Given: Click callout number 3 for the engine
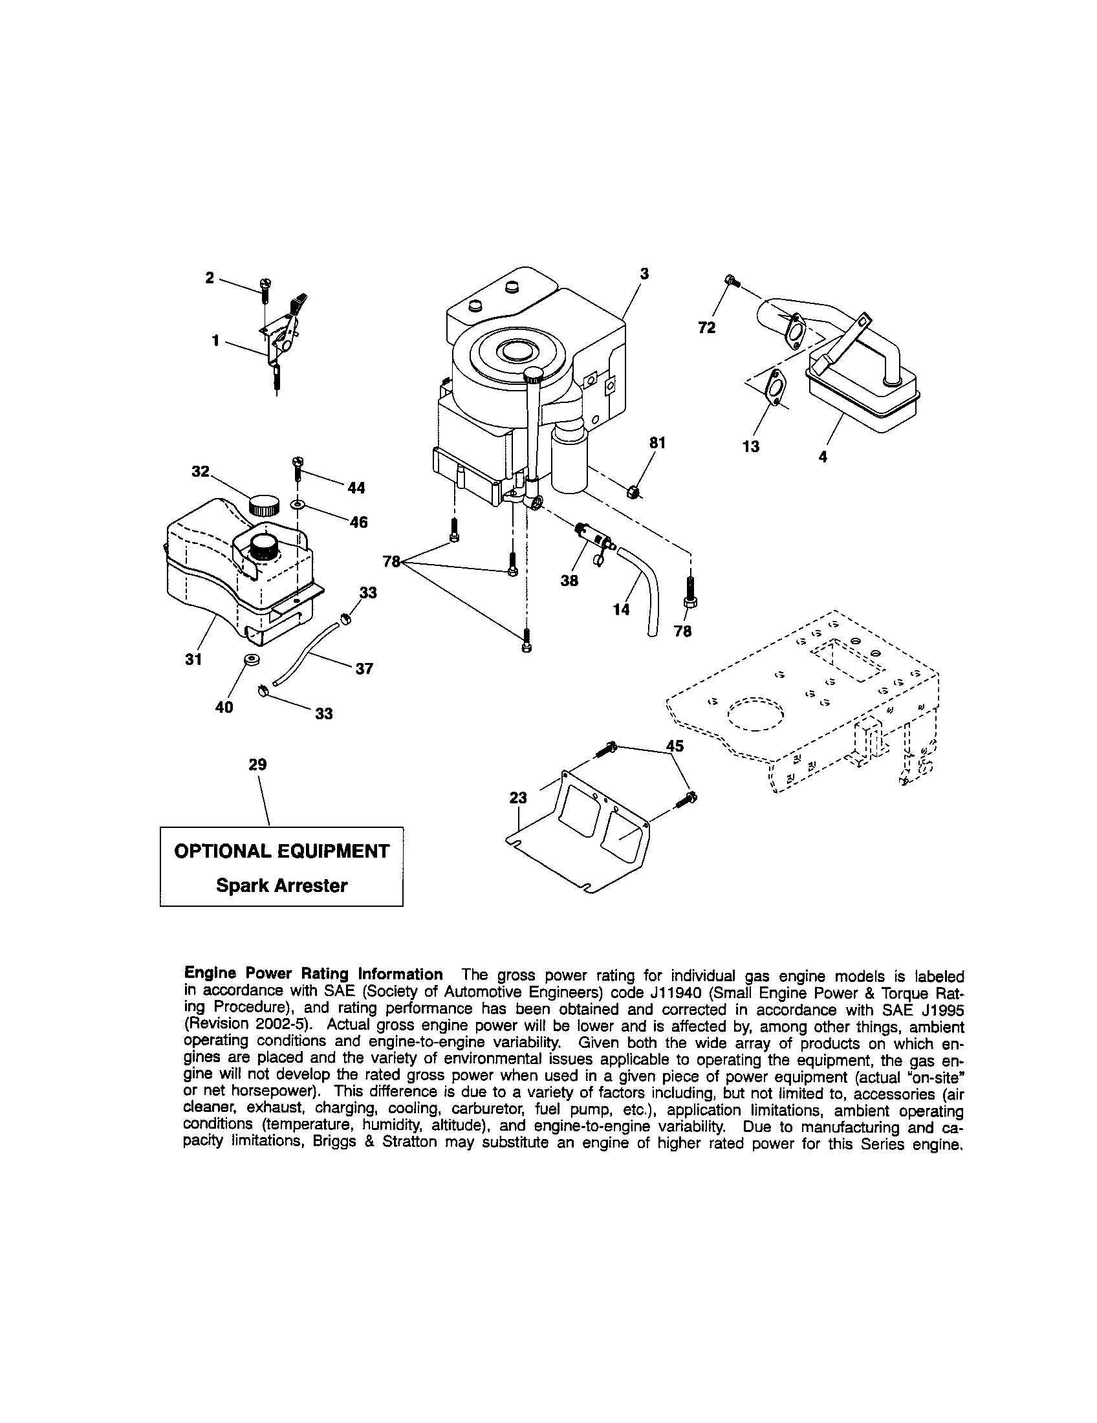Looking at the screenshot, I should pos(644,274).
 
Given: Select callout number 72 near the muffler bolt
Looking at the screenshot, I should pos(707,328).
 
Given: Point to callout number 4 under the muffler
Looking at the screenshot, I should pos(823,457).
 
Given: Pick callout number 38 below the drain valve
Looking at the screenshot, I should pos(569,581).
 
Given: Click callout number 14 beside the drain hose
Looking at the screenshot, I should pos(622,609).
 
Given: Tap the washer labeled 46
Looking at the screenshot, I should pos(298,505).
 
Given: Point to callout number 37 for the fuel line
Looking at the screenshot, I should pos(364,669).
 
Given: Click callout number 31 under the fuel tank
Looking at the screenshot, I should pos(193,659).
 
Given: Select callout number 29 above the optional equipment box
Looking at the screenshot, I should pos(258,765).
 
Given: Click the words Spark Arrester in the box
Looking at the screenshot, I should pos(281,885).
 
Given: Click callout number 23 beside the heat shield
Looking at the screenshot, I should pos(518,798).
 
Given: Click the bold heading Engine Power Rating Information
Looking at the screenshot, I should pos(314,974).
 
